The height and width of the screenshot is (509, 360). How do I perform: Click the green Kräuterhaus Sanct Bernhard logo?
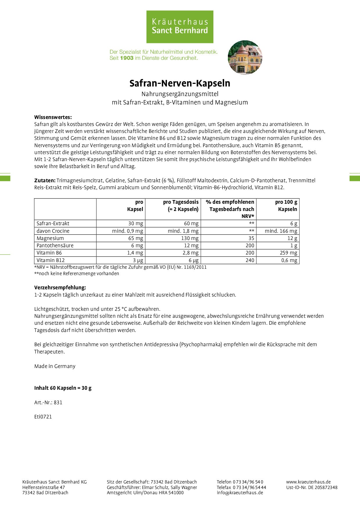(x=180, y=27)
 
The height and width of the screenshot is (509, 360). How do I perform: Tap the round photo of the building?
(x=245, y=57)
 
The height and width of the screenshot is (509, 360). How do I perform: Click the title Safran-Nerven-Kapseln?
(x=180, y=83)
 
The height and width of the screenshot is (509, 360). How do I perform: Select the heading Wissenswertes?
(x=53, y=117)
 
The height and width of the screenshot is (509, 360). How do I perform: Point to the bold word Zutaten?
(x=45, y=180)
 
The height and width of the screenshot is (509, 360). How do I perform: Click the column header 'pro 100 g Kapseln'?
(x=286, y=205)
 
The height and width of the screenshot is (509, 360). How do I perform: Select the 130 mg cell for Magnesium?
(x=191, y=238)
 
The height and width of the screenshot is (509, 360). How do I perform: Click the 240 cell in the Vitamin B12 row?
(x=250, y=260)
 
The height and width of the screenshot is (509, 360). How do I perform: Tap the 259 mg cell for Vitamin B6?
(x=288, y=253)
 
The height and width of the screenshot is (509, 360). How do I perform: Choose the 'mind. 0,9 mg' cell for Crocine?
(x=128, y=231)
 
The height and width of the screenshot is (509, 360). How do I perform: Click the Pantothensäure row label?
(x=55, y=246)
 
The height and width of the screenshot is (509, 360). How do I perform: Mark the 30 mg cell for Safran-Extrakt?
(x=136, y=223)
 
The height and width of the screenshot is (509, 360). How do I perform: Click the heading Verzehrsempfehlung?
(x=60, y=288)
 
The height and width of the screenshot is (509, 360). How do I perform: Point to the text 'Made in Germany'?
(x=55, y=366)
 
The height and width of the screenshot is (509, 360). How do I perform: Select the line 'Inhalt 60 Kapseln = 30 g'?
(x=63, y=388)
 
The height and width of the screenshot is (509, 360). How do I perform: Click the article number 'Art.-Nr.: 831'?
(x=48, y=402)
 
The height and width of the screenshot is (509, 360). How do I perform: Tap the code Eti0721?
(x=43, y=417)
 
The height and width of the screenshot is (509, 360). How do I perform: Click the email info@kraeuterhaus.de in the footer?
(x=240, y=492)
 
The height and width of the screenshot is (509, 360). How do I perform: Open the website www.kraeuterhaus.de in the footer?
(x=308, y=482)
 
